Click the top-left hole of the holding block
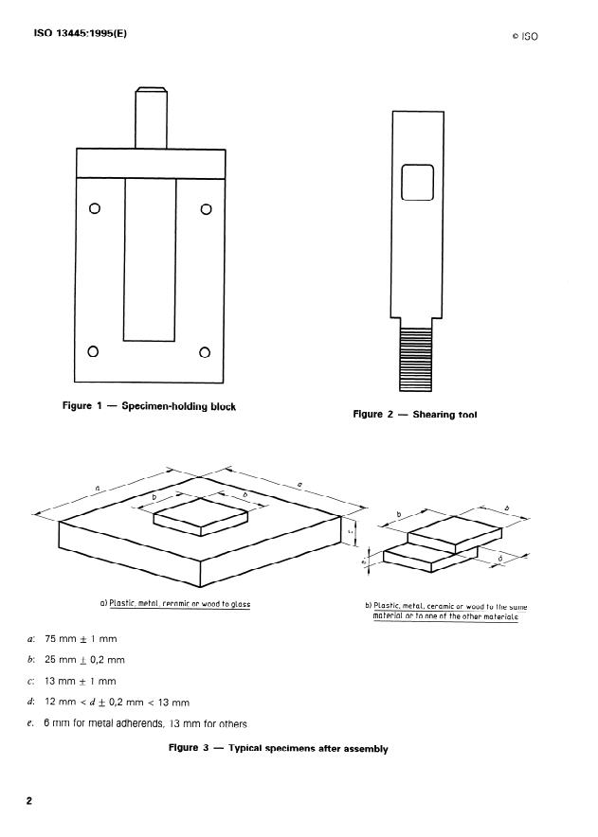tap(95, 209)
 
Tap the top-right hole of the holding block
tap(206, 209)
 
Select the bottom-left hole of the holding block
tap(93, 353)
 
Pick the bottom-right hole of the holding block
tap(204, 353)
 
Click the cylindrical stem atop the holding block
tap(150, 117)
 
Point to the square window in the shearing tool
tap(417, 183)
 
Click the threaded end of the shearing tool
tap(417, 358)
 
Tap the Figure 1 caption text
tap(149, 406)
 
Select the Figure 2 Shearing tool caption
tap(415, 414)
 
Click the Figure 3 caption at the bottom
tap(278, 748)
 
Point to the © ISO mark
tap(524, 37)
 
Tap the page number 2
tap(29, 801)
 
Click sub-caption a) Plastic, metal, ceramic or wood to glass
tap(175, 603)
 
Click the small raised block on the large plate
tap(201, 515)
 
